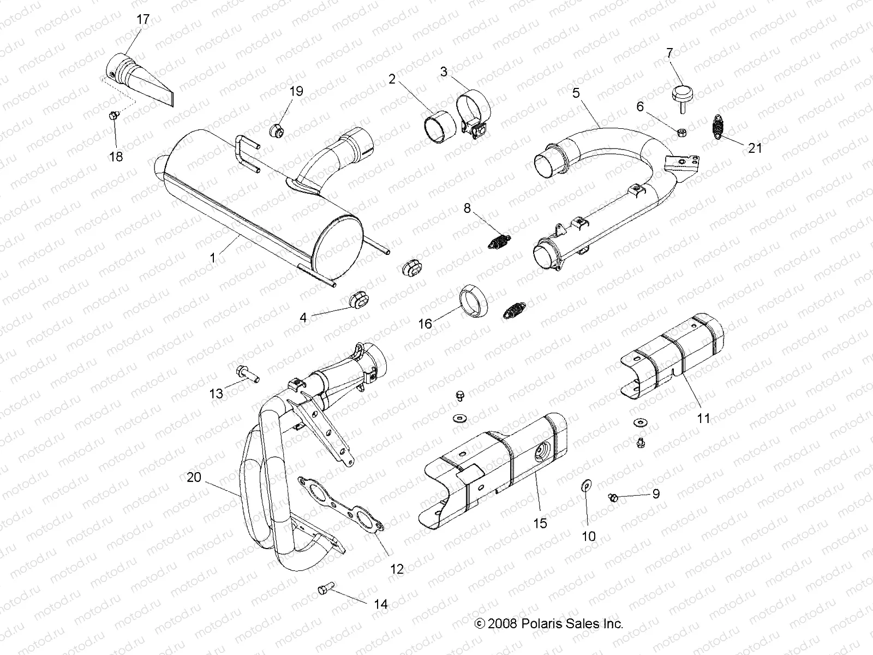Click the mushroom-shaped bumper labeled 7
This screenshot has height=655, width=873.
[681, 93]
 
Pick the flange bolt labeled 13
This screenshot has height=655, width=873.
[248, 374]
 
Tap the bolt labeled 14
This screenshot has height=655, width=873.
[325, 590]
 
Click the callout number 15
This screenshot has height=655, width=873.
[540, 523]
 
